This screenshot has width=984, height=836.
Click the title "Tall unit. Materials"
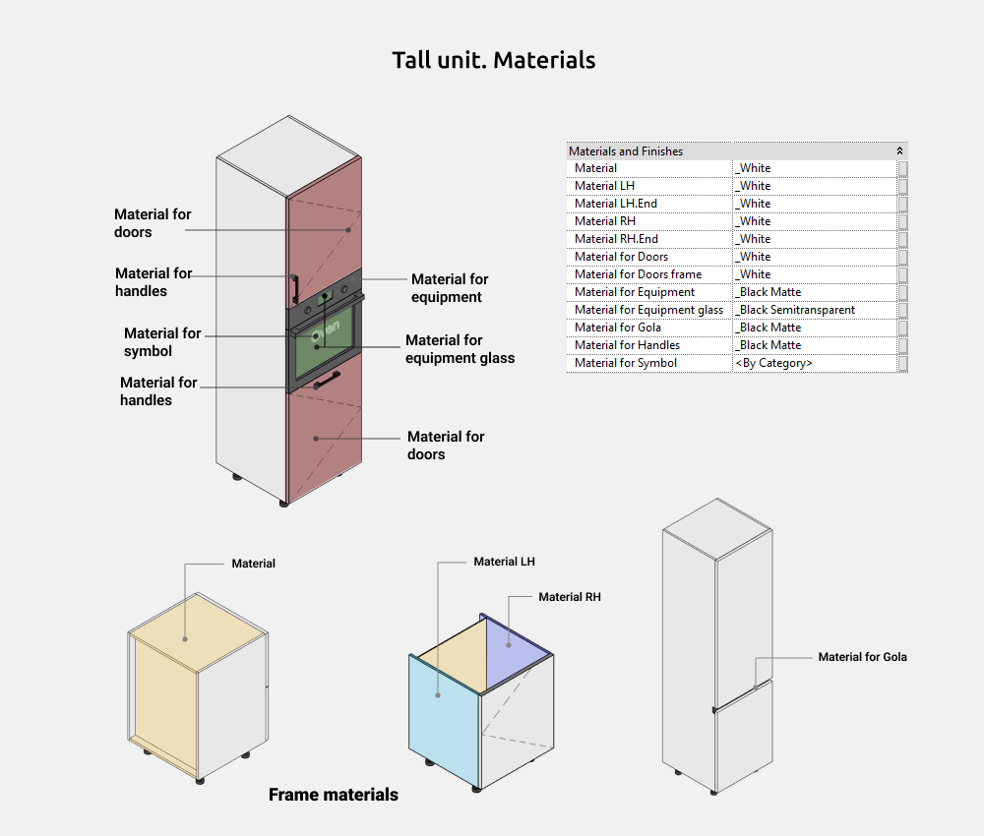pyautogui.click(x=493, y=60)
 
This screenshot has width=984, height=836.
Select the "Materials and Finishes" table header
pyautogui.click(x=626, y=151)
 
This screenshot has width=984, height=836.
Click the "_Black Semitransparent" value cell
pyautogui.click(x=796, y=310)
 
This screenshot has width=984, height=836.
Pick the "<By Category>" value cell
pyautogui.click(x=773, y=363)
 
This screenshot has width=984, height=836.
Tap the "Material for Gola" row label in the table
pyautogui.click(x=618, y=328)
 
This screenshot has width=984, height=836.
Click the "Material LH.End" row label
pyautogui.click(x=616, y=204)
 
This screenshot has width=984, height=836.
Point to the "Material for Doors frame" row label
pyautogui.click(x=638, y=274)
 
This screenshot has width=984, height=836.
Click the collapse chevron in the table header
pyautogui.click(x=899, y=151)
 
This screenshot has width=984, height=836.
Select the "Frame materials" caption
pyautogui.click(x=334, y=795)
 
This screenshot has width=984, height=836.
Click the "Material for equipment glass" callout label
pyautogui.click(x=460, y=349)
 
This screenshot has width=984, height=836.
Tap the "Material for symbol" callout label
pyautogui.click(x=162, y=342)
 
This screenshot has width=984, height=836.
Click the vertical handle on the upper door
pyautogui.click(x=293, y=288)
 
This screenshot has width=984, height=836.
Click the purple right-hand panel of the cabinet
pyautogui.click(x=516, y=639)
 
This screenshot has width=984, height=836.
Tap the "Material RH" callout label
pyautogui.click(x=569, y=597)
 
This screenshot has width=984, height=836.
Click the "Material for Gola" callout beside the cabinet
pyautogui.click(x=862, y=657)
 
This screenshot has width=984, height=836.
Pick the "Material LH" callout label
pyautogui.click(x=504, y=562)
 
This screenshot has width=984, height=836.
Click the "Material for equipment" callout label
pyautogui.click(x=450, y=288)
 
